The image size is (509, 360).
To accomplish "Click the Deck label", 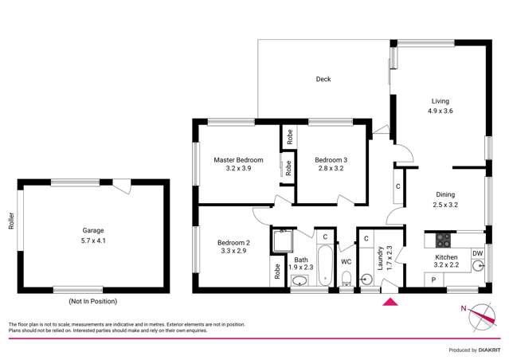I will [x=323, y=79].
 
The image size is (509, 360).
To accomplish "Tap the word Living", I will [x=440, y=101].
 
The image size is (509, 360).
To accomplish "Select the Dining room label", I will [x=445, y=194].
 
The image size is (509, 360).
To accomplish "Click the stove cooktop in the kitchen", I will [x=444, y=239].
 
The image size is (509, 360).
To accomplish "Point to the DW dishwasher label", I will [x=476, y=254].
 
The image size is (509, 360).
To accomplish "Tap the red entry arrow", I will [x=390, y=301].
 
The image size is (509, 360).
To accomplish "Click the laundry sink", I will [x=365, y=279].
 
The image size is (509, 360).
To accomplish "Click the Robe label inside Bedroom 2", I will [x=278, y=270].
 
